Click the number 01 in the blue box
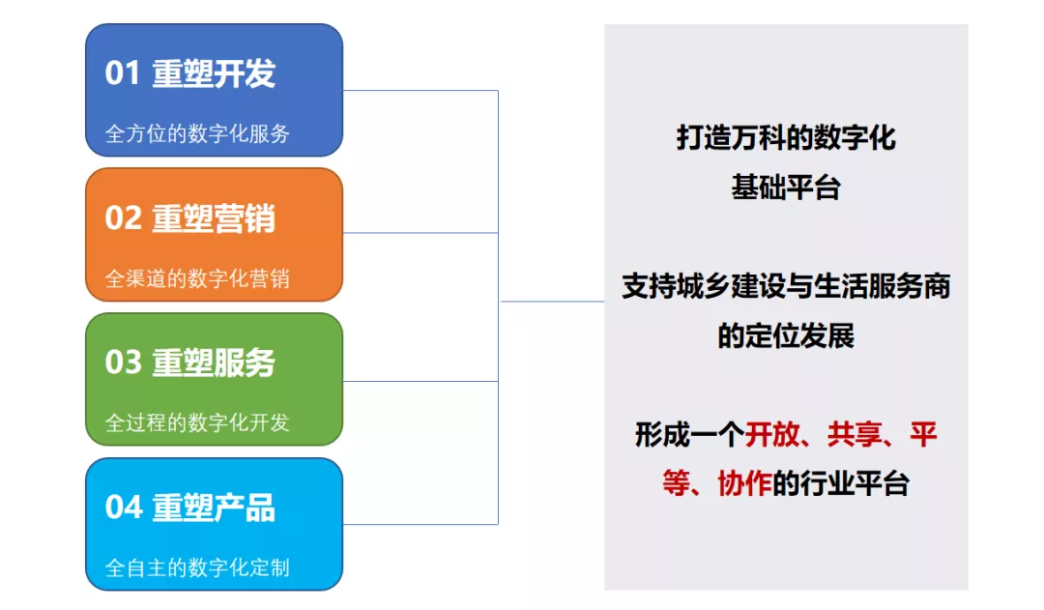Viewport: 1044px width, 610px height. tap(122, 73)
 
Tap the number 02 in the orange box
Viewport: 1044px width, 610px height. tap(123, 218)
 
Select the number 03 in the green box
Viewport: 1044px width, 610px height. tap(123, 363)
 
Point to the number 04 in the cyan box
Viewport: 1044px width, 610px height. tap(123, 507)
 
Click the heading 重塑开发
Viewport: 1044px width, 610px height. tap(214, 73)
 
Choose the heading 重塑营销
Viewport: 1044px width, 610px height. tap(214, 218)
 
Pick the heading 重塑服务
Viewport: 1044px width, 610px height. tap(214, 363)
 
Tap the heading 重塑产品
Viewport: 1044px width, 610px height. tap(214, 508)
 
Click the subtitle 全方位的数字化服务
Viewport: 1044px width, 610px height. tap(197, 133)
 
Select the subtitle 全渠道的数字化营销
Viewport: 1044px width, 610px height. tap(197, 278)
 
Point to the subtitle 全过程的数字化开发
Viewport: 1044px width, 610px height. tap(197, 422)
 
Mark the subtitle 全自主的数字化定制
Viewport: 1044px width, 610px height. tap(197, 567)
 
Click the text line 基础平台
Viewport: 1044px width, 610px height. tap(786, 188)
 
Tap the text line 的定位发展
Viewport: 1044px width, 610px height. tap(786, 335)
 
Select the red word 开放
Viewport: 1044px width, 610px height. tap(771, 435)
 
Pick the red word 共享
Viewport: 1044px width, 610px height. tap(855, 435)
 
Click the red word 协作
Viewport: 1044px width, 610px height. tap(744, 483)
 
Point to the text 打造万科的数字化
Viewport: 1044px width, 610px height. tap(786, 138)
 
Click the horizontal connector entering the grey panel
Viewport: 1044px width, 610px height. tap(552, 302)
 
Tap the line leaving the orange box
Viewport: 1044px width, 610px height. tap(420, 233)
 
